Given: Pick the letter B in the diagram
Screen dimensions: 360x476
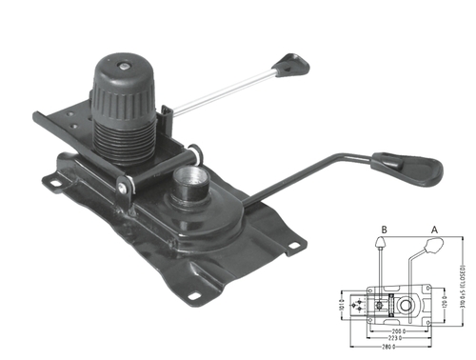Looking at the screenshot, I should click(382, 229).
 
